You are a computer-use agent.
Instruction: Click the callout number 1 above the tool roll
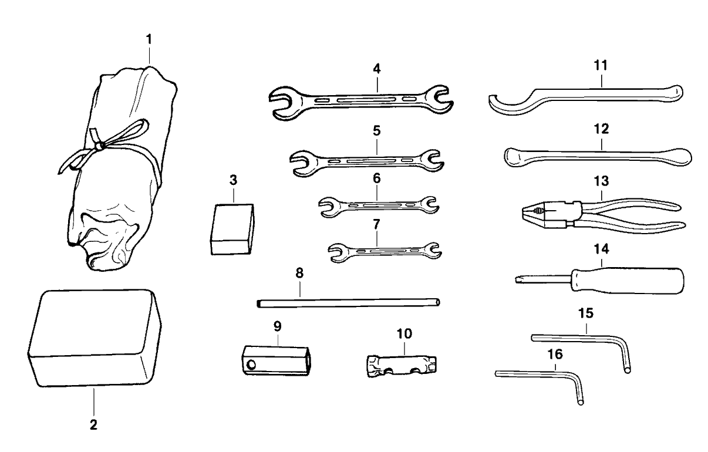(x=149, y=40)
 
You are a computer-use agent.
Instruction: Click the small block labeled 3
(x=232, y=229)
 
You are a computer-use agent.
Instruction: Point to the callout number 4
(x=376, y=68)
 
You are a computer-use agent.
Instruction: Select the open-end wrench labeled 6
(x=377, y=205)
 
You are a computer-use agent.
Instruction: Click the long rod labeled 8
(x=348, y=303)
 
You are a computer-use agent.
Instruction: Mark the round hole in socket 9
(x=252, y=365)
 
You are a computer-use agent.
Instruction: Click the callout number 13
(x=602, y=179)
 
